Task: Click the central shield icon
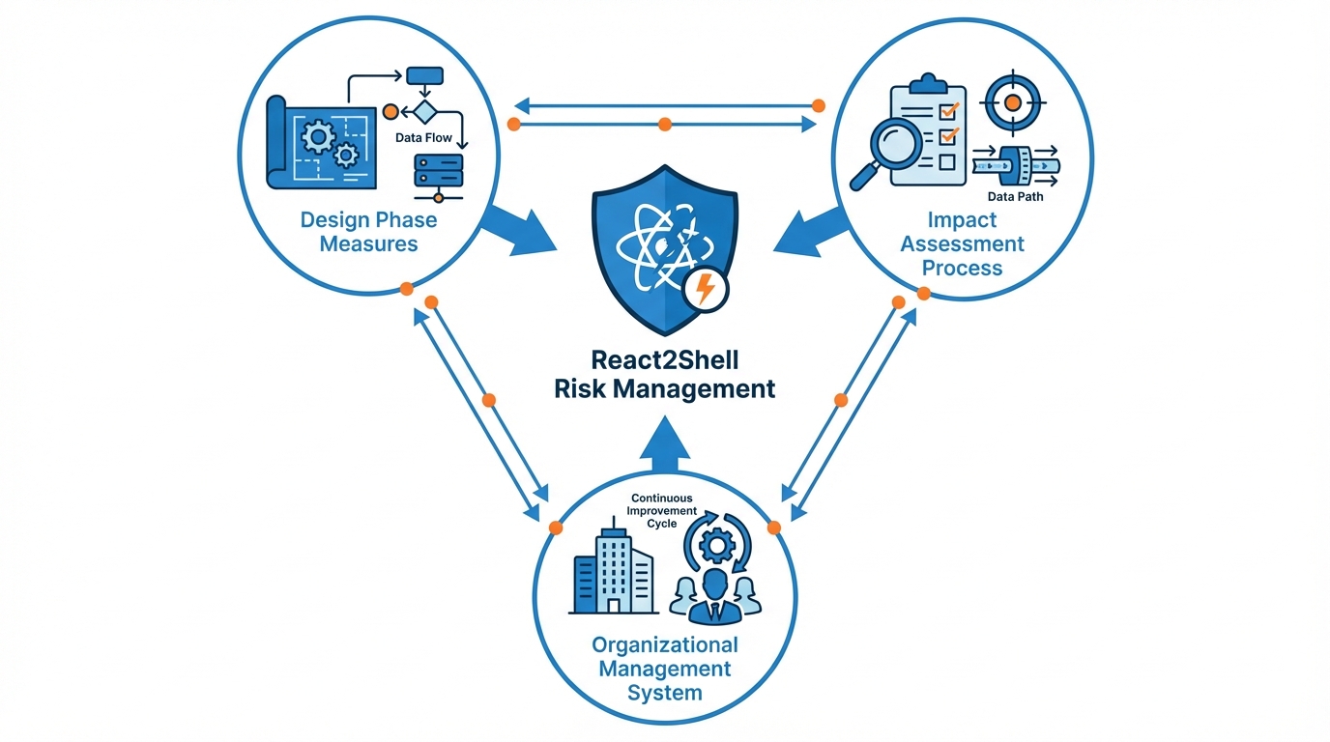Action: pyautogui.click(x=665, y=246)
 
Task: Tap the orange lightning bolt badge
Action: pyautogui.click(x=707, y=288)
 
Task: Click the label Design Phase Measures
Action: pyautogui.click(x=368, y=231)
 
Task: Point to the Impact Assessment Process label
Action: pyautogui.click(x=962, y=243)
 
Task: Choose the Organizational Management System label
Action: pyautogui.click(x=664, y=669)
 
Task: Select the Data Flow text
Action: pyautogui.click(x=423, y=138)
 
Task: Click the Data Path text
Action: pyautogui.click(x=1015, y=197)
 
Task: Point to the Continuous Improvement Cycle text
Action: pyautogui.click(x=661, y=510)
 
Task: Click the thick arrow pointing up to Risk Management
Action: pyautogui.click(x=665, y=441)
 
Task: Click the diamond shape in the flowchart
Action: pyautogui.click(x=425, y=110)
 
